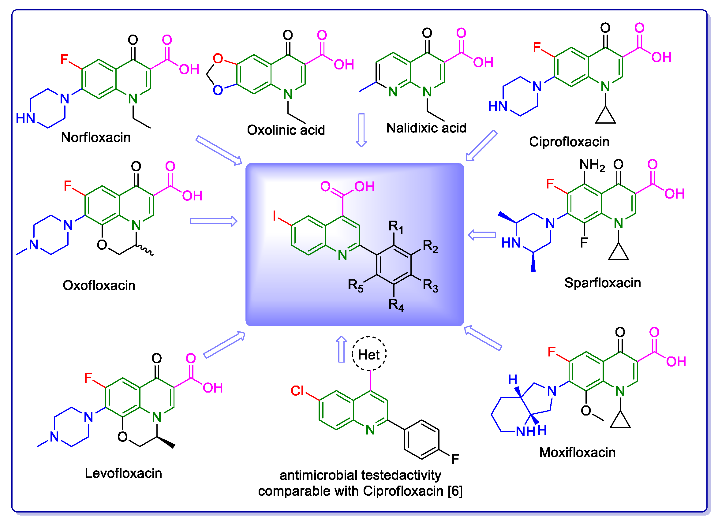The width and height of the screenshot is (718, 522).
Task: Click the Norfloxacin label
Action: click(95, 138)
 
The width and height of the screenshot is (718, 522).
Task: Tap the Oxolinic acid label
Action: click(286, 130)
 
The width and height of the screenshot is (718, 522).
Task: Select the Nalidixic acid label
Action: click(426, 128)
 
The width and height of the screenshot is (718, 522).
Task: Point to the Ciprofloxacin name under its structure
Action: click(569, 142)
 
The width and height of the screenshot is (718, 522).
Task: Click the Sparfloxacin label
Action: click(603, 283)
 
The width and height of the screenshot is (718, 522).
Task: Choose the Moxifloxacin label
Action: click(578, 453)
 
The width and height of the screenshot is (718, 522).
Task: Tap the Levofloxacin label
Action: click(123, 474)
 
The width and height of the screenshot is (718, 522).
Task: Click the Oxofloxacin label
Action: click(99, 285)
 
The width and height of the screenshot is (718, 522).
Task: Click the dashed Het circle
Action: click(369, 354)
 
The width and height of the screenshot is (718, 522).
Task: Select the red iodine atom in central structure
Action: click(275, 216)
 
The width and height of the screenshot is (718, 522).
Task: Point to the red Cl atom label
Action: click(297, 391)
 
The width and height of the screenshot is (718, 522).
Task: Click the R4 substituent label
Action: click(396, 305)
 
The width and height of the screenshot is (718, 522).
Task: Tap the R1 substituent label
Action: click(396, 227)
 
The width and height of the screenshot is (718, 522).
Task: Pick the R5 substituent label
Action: click(355, 285)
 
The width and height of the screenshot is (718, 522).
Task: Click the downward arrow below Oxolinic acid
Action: click(361, 130)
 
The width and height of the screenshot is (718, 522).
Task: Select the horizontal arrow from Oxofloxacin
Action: click(213, 221)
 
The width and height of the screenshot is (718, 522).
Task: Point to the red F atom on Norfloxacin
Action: click(64, 59)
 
